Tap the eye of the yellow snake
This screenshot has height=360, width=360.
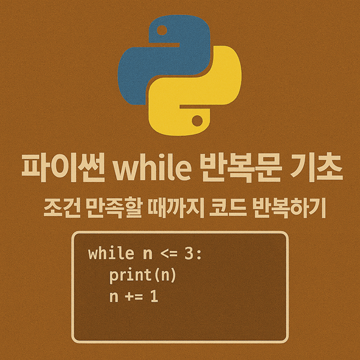pos(196,122)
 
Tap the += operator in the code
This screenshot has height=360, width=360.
pos(133,296)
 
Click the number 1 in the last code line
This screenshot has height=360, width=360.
pos(154,296)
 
